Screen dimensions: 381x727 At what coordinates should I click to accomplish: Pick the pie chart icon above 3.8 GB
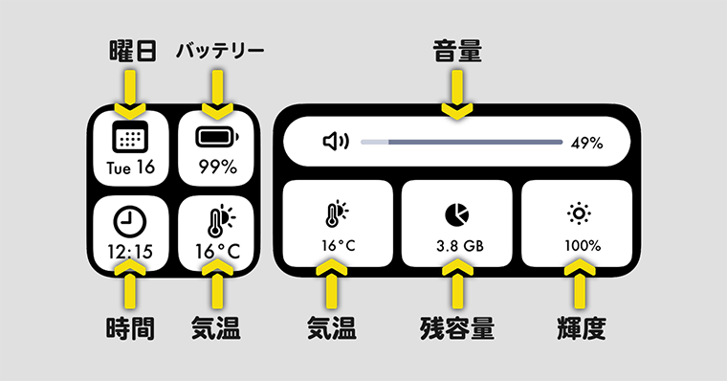point(456,213)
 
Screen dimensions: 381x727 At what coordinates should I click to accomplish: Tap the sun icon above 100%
point(577,213)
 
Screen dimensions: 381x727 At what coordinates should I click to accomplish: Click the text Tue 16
point(130,168)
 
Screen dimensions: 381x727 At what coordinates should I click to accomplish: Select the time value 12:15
point(130,253)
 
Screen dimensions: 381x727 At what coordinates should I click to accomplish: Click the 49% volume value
point(586,144)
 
